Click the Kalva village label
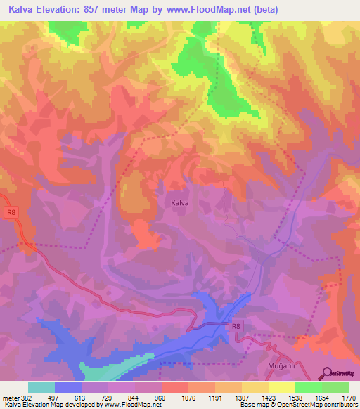[179, 203]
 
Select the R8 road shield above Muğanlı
[237, 326]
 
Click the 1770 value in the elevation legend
[348, 398]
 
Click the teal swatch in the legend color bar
[41, 387]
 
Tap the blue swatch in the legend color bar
[68, 387]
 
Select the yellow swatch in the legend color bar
[281, 387]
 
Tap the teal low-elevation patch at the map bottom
[112, 368]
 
